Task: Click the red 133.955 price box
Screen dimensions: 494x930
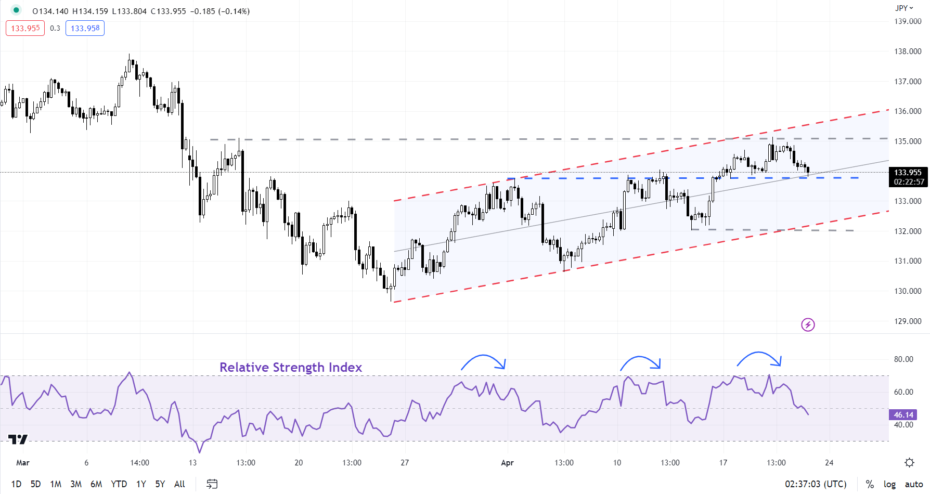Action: [25, 28]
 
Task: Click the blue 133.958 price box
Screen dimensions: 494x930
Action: [85, 28]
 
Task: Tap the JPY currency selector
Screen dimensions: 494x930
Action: [904, 8]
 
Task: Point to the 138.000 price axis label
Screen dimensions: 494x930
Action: [908, 51]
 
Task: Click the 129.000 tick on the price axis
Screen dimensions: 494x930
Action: [908, 321]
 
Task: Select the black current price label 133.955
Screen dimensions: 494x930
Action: [908, 173]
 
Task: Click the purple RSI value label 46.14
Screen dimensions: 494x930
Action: [903, 415]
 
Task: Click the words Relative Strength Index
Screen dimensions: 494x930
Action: [290, 367]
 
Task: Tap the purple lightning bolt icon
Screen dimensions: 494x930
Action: [808, 325]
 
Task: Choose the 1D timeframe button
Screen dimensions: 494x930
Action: [16, 484]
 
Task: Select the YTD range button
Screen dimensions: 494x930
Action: [119, 484]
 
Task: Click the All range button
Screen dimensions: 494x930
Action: [179, 484]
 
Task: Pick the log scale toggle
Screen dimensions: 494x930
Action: [889, 484]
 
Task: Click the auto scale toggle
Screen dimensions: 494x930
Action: [914, 484]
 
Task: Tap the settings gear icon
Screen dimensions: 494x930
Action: [909, 462]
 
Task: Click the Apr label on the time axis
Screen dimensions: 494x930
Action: [507, 463]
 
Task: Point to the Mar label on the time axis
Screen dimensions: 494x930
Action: [23, 463]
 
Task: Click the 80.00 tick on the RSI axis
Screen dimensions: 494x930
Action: [903, 359]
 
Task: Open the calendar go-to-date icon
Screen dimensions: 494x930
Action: [212, 484]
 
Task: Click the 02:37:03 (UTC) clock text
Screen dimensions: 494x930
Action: [816, 484]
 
